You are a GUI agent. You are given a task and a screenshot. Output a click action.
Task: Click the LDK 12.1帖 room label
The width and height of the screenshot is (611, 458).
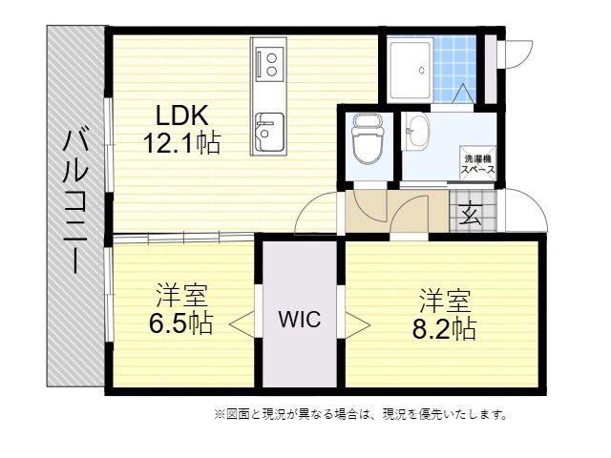pos(182,130)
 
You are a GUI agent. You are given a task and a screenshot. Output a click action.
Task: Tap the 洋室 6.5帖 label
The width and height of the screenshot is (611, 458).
pos(181,309)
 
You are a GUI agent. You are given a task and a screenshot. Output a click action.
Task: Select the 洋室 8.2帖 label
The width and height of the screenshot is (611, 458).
pos(445,314)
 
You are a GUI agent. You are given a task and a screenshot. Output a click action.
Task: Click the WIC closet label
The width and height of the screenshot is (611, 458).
pos(300,320)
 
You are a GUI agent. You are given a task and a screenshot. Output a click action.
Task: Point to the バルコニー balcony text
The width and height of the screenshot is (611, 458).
pos(75,201)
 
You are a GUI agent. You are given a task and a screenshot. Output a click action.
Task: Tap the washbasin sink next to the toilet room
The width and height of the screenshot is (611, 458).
pos(416,132)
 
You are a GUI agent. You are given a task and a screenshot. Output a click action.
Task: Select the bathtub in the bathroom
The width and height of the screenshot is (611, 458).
pos(411,69)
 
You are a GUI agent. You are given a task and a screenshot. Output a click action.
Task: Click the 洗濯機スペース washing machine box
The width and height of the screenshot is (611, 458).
pos(478,163)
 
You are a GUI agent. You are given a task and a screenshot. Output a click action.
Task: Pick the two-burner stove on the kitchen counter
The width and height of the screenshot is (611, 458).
pos(268,64)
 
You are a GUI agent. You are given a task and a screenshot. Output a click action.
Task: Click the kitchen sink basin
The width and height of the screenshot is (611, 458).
pos(269,133)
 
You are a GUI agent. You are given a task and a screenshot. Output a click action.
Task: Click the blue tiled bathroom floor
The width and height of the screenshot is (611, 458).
pos(454,69)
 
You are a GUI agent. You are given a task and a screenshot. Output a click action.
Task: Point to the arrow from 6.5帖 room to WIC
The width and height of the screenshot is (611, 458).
pos(242,323)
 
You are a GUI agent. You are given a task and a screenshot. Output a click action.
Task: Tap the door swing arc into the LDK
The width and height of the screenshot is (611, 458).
pos(307,206)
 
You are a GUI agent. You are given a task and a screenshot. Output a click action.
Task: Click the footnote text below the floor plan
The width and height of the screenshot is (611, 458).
pos(361,414)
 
